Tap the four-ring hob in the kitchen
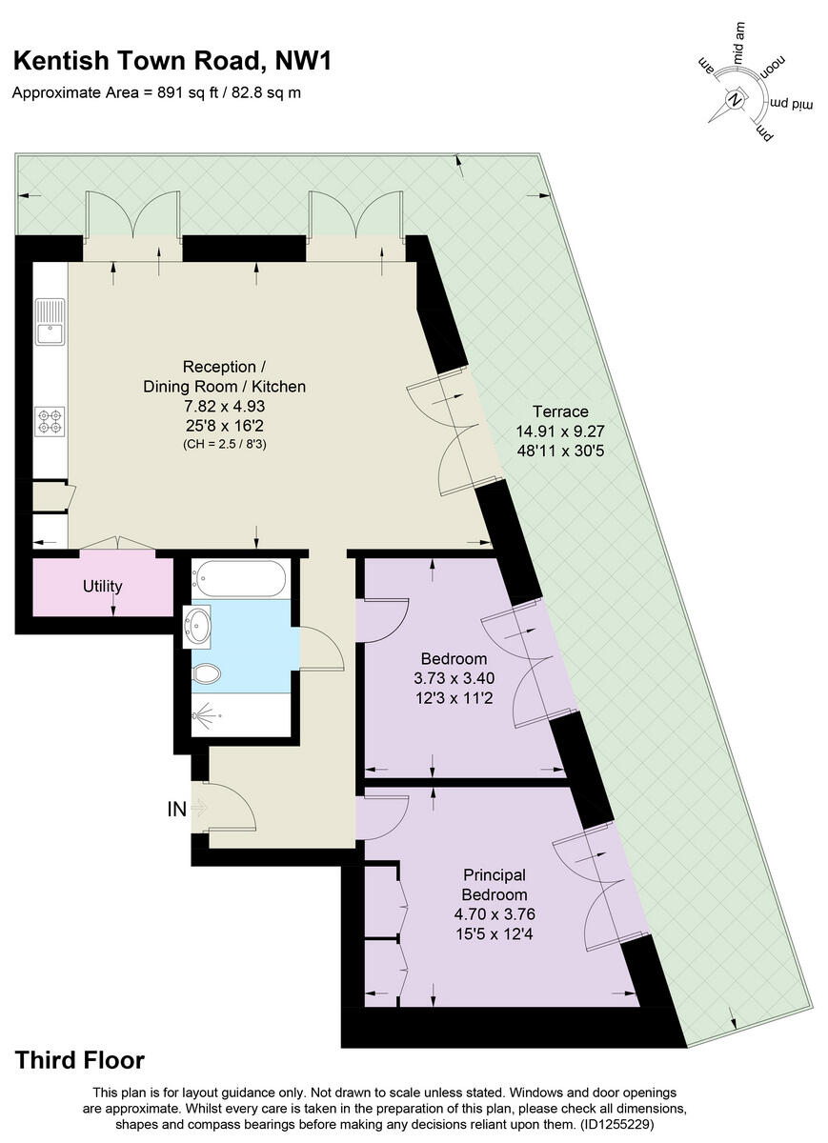[x=50, y=421]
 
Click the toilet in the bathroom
[x=206, y=674]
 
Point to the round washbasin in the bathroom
[x=199, y=626]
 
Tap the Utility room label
[x=102, y=586]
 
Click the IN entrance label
[x=177, y=810]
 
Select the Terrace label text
[x=559, y=411]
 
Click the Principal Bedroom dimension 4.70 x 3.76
[x=495, y=912]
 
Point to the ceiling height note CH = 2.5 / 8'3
[x=225, y=444]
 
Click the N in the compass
[x=735, y=98]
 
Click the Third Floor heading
[x=80, y=1060]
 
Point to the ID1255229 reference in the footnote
[x=617, y=1124]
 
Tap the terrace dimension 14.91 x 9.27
[x=559, y=431]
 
